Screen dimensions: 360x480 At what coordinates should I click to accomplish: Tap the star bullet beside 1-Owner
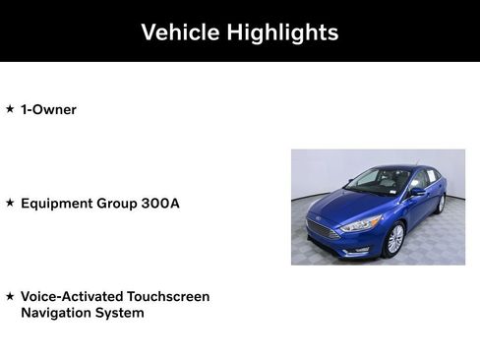10,109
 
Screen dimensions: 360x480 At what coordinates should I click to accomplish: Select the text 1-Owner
48,109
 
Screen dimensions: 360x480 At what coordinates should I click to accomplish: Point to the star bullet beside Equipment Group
10,203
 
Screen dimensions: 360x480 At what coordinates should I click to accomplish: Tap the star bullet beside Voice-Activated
10,296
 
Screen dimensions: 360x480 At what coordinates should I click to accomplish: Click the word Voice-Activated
74,296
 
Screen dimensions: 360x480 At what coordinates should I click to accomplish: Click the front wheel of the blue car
394,239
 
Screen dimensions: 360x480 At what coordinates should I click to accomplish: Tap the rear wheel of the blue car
440,204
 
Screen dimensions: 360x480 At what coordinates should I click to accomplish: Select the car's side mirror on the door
418,192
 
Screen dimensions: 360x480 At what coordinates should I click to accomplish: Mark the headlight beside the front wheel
361,224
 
